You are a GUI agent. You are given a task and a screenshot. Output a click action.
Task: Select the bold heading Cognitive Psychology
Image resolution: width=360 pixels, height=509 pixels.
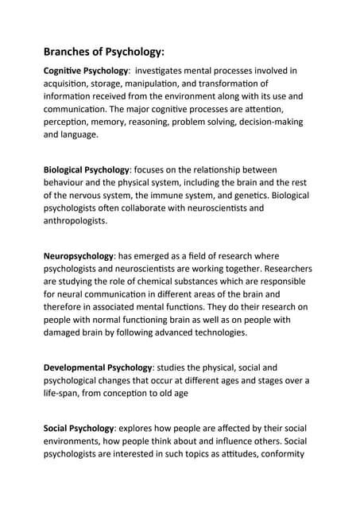point(87,71)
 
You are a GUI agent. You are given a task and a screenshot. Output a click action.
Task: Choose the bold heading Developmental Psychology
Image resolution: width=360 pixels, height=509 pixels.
point(97,367)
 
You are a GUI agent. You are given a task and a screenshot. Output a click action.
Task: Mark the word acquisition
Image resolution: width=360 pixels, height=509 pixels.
point(70,84)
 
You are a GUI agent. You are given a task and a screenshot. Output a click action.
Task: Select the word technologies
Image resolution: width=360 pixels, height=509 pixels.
point(215,333)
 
